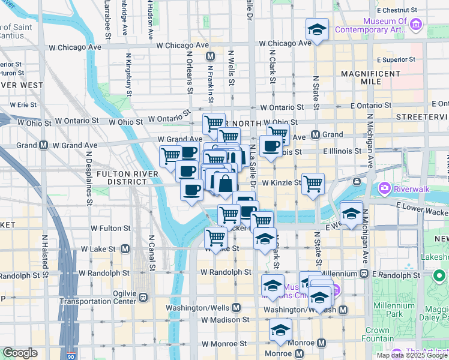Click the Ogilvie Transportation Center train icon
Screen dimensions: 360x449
coord(143,297)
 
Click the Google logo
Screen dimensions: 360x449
coord(20,353)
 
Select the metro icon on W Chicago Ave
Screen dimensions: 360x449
coord(210,56)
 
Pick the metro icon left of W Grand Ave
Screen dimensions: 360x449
coord(43,145)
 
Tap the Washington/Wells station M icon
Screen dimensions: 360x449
coord(237,307)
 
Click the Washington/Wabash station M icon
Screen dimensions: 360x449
coord(343,310)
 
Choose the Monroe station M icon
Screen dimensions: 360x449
coord(321,343)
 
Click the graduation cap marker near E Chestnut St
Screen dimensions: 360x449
coord(316,29)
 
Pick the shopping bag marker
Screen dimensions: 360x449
coord(225,184)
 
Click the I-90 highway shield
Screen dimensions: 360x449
coord(71,356)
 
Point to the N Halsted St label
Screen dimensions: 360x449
coord(45,252)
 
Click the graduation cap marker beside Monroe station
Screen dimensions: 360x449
coord(280,329)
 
